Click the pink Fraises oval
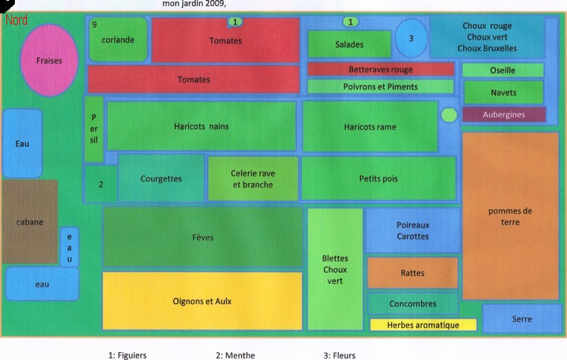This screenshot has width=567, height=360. pyautogui.click(x=50, y=60)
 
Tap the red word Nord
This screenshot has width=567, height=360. pyautogui.click(x=16, y=20)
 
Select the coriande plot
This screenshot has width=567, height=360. pyautogui.click(x=118, y=40)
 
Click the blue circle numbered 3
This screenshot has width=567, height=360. pyautogui.click(x=411, y=38)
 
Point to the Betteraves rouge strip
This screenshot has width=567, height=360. pyautogui.click(x=381, y=69)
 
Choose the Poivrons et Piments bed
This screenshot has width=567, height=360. pyautogui.click(x=381, y=86)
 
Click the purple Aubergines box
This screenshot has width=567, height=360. pyautogui.click(x=504, y=114)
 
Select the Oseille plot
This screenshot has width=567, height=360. pyautogui.click(x=503, y=70)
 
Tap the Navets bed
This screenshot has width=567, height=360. pyautogui.click(x=503, y=92)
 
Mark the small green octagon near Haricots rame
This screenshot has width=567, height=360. pyautogui.click(x=449, y=114)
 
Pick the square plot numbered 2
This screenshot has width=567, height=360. pyautogui.click(x=102, y=184)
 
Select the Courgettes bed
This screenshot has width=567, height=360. pyautogui.click(x=161, y=179)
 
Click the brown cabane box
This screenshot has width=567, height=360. pyautogui.click(x=29, y=221)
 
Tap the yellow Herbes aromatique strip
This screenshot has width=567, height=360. pyautogui.click(x=423, y=325)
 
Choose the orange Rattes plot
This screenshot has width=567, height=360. pyautogui.click(x=412, y=273)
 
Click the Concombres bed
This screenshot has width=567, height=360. pyautogui.click(x=412, y=303)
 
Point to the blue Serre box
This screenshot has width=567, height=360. pyautogui.click(x=522, y=319)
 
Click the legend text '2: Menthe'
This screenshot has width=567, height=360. pyautogui.click(x=235, y=355)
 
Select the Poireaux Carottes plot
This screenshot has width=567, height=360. pyautogui.click(x=412, y=230)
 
